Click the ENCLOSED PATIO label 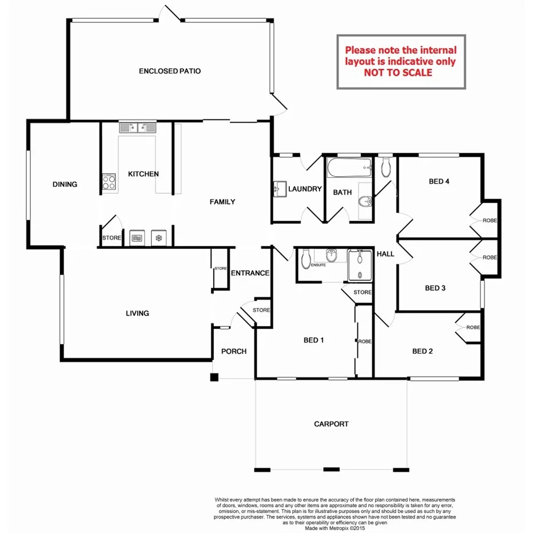pos(169,71)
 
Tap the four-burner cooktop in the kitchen pos(109,182)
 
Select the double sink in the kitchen pos(137,127)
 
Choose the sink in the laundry pos(280,188)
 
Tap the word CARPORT pos(331,424)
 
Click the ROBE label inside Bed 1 pos(364,341)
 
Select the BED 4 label pos(439,182)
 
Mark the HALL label pos(385,253)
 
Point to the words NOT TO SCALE pos(398,73)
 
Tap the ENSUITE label pos(319,265)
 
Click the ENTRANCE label pos(250,273)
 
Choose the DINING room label pos(65,184)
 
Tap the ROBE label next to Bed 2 pos(472,328)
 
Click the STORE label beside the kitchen pos(111,238)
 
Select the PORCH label pos(234,351)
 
